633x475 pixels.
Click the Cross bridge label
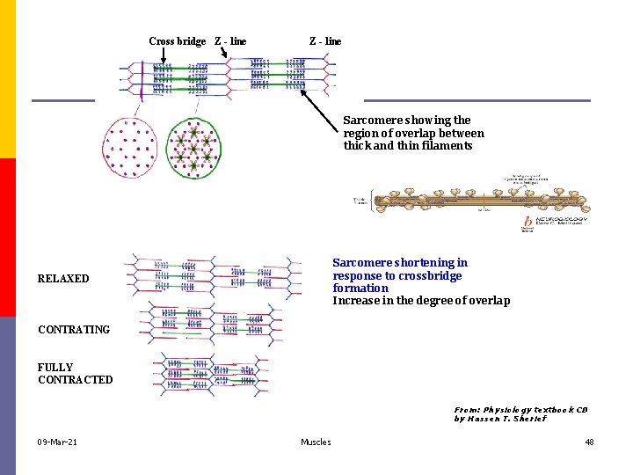pos(177,41)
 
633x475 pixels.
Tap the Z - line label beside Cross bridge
pos(230,41)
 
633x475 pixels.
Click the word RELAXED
pos(63,279)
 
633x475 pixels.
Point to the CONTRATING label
pos(74,330)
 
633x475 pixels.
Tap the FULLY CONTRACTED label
pos(75,373)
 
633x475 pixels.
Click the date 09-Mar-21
pos(57,442)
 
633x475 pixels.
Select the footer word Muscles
pos(316,442)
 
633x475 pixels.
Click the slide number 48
pos(589,442)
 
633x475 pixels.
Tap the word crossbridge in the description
pos(430,275)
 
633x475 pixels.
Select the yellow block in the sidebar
pos(8,79)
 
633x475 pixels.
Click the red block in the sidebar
pos(8,237)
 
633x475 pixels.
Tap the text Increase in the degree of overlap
pos(420,301)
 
